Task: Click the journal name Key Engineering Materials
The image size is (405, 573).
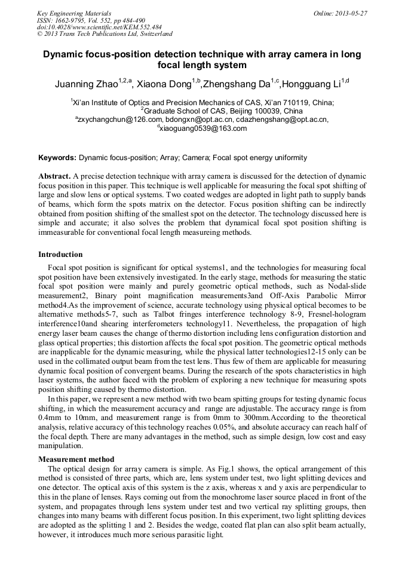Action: tap(73, 13)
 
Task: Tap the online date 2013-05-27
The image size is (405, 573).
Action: tap(348, 13)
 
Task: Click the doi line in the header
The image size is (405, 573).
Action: tap(99, 27)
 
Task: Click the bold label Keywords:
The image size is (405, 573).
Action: tap(57, 158)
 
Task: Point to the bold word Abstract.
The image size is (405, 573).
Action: tap(54, 177)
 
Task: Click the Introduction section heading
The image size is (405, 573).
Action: tap(62, 255)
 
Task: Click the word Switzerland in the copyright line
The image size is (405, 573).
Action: tap(153, 35)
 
